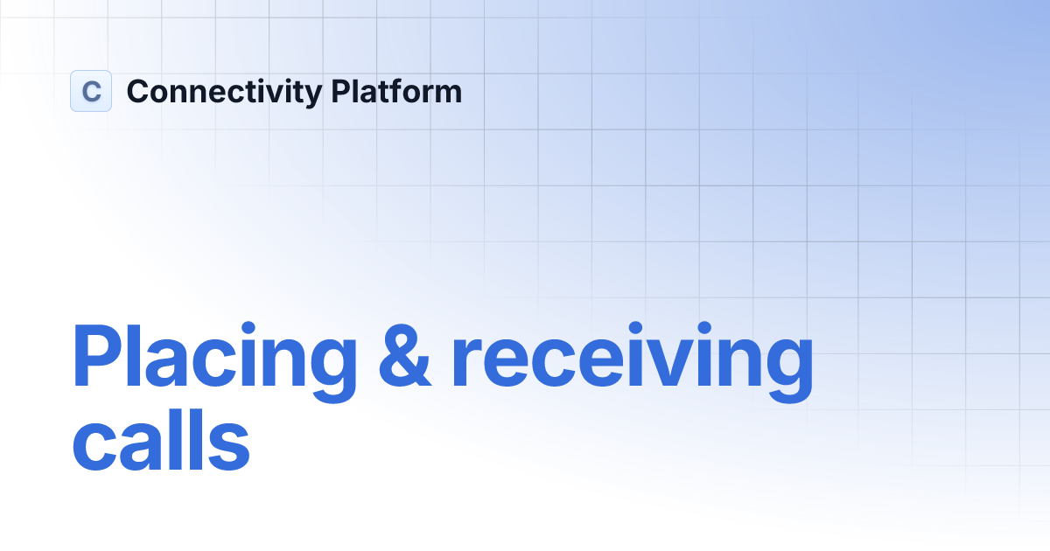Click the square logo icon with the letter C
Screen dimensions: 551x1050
[91, 91]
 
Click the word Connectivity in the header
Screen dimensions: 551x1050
[224, 92]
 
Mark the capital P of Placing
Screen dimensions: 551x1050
[94, 356]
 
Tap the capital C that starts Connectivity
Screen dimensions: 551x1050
[138, 91]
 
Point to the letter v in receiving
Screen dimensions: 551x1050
[663, 363]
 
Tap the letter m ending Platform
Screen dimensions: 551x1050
[447, 94]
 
